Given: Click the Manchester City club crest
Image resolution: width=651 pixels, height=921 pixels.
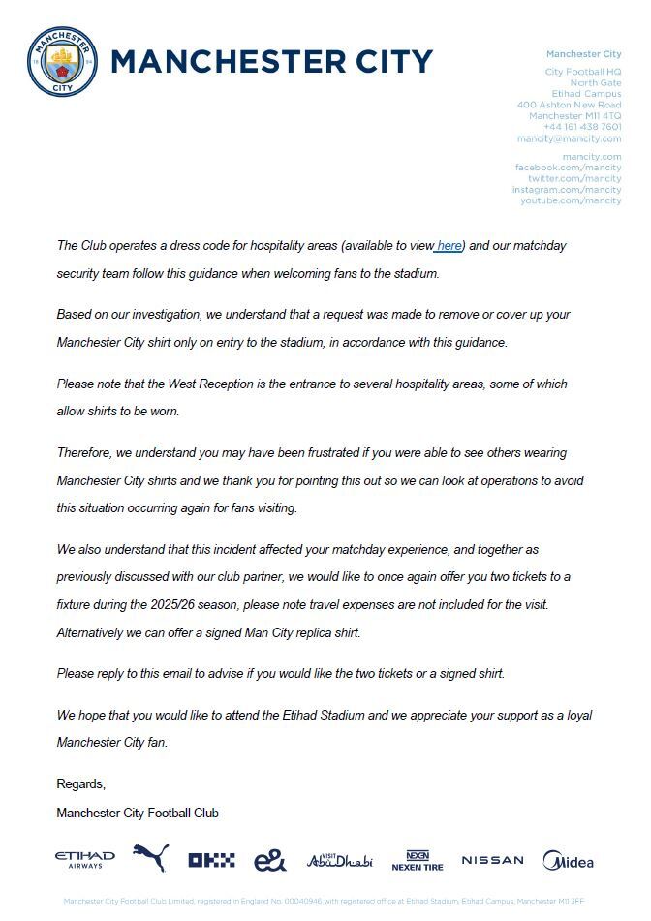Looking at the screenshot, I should [62, 61].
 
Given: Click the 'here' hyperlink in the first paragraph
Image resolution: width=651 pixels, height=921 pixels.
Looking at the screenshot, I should [449, 246].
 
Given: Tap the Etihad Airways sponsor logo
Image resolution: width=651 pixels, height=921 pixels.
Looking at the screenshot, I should [85, 859].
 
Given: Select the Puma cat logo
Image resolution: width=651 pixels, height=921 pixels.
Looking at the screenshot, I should [150, 857].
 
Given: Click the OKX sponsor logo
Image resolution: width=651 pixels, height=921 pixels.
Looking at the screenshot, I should [211, 860].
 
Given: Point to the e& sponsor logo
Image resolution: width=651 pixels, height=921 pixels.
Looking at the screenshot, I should [269, 860].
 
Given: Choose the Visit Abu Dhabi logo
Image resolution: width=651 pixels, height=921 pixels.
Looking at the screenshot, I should [339, 860].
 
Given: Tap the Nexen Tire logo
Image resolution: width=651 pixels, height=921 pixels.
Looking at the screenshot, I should [418, 860].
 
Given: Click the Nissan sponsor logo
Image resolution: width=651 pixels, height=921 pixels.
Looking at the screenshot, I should [492, 860].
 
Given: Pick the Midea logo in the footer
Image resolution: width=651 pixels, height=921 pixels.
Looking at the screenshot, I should [568, 860].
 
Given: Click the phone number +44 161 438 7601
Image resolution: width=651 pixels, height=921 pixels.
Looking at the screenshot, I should [582, 127].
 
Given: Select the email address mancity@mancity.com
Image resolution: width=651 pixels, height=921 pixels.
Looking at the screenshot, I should [569, 138].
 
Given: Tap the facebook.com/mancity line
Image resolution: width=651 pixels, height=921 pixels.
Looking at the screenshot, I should [568, 168].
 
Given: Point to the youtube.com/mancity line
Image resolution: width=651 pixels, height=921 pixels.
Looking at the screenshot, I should [571, 200].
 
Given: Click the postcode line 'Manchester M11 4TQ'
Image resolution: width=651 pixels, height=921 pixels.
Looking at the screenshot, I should [574, 116].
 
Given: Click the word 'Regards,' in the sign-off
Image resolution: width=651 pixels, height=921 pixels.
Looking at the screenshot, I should [81, 783].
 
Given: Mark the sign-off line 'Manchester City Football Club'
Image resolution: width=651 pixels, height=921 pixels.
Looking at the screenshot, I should [138, 813].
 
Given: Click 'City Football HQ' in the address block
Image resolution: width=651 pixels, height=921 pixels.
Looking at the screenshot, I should [583, 72].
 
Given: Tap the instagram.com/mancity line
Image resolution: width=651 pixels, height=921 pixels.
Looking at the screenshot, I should [567, 190].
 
